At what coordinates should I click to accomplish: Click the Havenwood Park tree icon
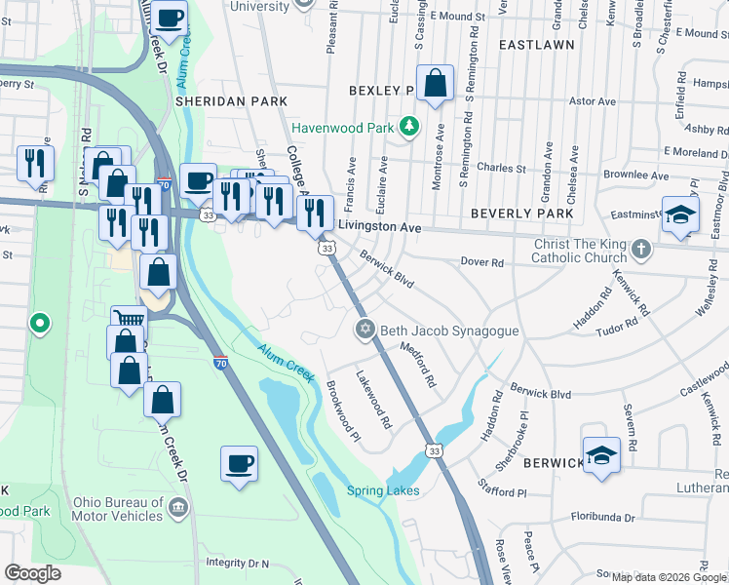[x=410, y=126]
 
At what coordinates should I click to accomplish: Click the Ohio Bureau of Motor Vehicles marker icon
[x=177, y=508]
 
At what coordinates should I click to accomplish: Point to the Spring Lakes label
[x=383, y=490]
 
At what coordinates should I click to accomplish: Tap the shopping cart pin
[x=129, y=319]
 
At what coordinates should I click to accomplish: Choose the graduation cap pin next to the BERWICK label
[x=601, y=453]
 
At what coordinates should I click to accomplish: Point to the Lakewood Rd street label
[x=372, y=401]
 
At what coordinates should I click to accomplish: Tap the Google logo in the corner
[x=32, y=573]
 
